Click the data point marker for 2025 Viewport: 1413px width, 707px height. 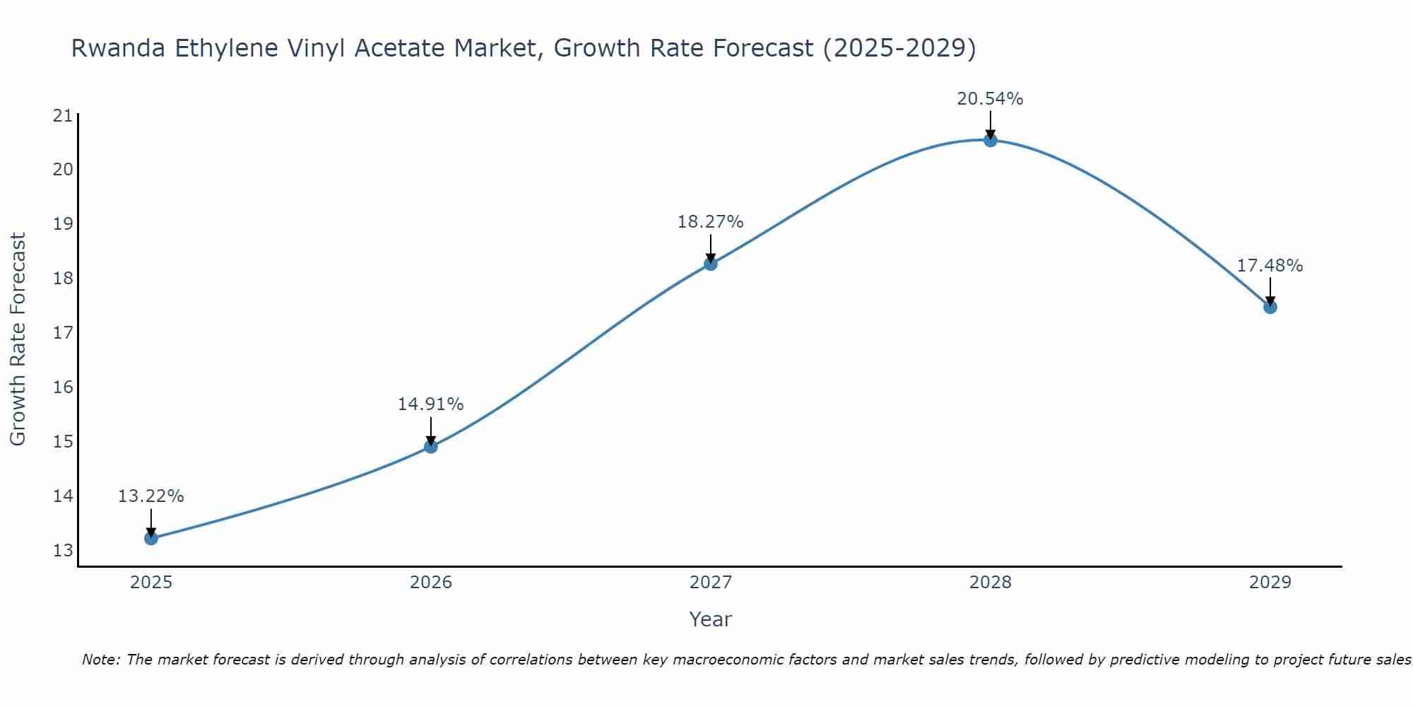coord(151,538)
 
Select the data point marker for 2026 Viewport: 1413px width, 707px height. coord(431,446)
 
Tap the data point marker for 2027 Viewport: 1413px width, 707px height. coord(711,264)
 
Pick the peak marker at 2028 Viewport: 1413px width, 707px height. coord(991,140)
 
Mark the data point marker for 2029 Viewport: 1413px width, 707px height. coord(1270,307)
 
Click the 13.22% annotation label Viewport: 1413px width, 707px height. coord(150,496)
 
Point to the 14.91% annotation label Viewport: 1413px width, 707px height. coord(430,404)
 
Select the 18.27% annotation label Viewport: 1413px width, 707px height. coord(710,222)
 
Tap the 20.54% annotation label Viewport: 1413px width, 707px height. coord(990,99)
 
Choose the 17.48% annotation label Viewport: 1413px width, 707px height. coord(1270,266)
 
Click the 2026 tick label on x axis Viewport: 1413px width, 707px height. coord(431,583)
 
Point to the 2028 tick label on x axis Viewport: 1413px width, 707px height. coord(991,583)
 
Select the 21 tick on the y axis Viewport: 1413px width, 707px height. coord(63,115)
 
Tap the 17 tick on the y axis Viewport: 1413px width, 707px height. coord(63,332)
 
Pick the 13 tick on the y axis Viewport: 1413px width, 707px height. coord(63,550)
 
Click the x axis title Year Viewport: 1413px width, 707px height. coord(710,619)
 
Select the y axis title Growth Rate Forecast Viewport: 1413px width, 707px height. coord(18,339)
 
